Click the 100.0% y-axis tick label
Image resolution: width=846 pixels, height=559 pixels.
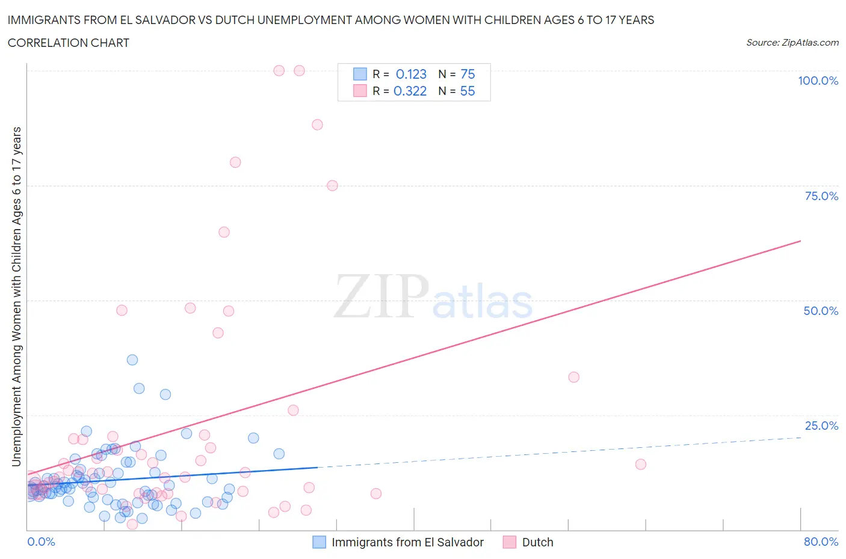(x=818, y=81)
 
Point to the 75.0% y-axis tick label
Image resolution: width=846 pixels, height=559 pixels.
(x=821, y=196)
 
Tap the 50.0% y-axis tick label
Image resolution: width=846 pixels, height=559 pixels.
(x=820, y=311)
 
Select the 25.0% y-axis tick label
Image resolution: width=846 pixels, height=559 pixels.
(x=821, y=426)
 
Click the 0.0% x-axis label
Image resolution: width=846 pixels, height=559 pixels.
(x=41, y=542)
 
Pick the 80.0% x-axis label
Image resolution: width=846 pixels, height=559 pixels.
(x=820, y=542)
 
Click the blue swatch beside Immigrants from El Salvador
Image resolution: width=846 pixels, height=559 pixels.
(x=319, y=542)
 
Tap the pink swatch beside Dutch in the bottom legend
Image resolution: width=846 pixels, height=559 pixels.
(x=510, y=542)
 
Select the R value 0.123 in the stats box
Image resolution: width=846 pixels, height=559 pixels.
(x=411, y=74)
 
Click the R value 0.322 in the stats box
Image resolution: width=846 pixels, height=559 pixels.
(x=410, y=91)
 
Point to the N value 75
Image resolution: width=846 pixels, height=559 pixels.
(x=468, y=74)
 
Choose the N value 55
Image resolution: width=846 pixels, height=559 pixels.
(x=468, y=91)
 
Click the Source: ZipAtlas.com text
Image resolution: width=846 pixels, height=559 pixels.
(x=792, y=42)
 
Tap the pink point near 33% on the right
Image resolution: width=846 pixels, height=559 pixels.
(x=573, y=377)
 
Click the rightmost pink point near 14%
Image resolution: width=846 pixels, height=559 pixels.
(x=641, y=464)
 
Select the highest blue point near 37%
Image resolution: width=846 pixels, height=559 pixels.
(x=132, y=359)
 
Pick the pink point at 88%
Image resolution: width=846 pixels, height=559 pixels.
(x=317, y=124)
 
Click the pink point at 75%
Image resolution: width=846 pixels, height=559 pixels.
(x=332, y=185)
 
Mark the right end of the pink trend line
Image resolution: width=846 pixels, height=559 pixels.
(x=800, y=241)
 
